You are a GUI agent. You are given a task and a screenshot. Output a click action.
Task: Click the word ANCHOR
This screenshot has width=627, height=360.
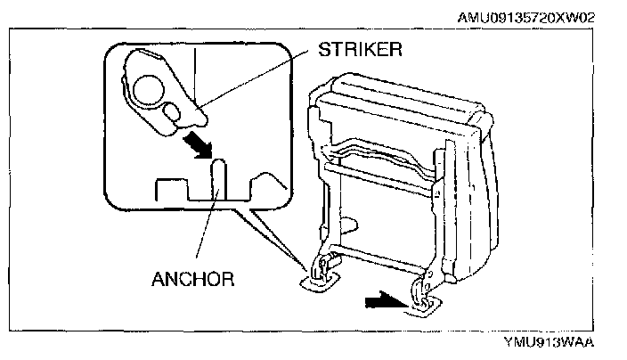[192, 279]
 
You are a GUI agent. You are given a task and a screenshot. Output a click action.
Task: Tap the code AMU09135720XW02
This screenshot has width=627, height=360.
[534, 17]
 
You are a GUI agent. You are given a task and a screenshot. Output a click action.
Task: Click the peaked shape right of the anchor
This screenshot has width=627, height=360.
[265, 184]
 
